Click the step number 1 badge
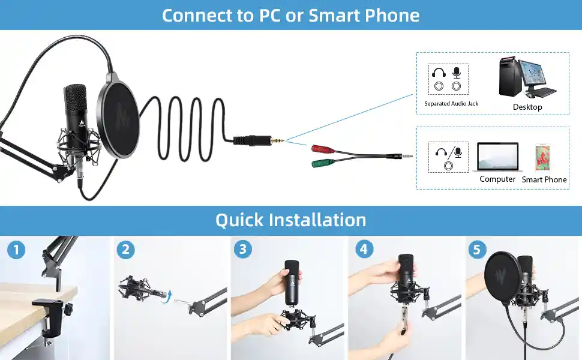click(x=16, y=250)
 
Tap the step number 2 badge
click(x=125, y=250)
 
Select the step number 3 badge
click(x=242, y=250)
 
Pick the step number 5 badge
click(x=477, y=250)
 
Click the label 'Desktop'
click(x=527, y=107)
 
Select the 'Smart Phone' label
click(x=544, y=179)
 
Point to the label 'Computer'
click(x=497, y=179)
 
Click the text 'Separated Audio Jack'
click(x=451, y=104)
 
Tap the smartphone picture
click(x=544, y=158)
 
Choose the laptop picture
click(x=498, y=158)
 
